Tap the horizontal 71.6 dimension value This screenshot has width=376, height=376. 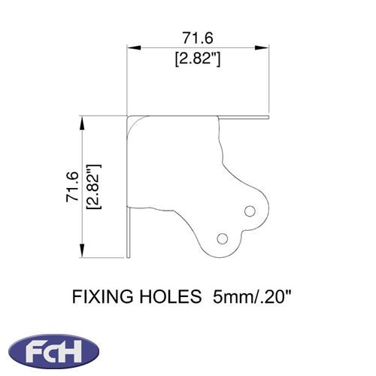[198, 38]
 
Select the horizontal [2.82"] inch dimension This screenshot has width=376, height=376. [198, 59]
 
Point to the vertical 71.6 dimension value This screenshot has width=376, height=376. [72, 186]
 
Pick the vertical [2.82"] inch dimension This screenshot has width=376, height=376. [93, 186]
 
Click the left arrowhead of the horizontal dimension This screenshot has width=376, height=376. [133, 47]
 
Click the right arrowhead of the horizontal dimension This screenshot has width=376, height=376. [262, 47]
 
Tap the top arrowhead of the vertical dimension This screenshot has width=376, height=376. [82, 123]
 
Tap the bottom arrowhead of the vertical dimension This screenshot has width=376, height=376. [82, 250]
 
